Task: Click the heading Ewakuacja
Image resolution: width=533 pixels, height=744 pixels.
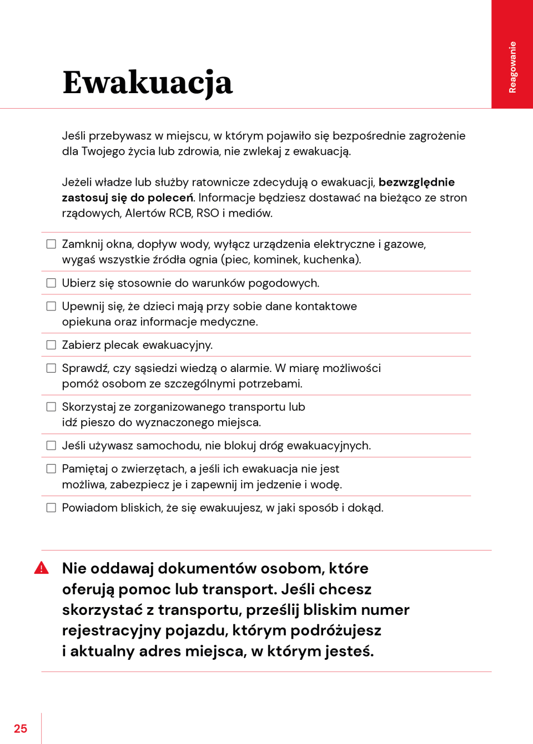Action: (147, 83)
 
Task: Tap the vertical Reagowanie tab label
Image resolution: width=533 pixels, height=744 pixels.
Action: (512, 67)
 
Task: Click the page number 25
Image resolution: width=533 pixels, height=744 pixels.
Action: (21, 728)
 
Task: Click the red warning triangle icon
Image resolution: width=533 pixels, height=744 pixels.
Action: (42, 568)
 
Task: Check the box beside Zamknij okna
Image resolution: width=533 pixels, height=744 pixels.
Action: (51, 244)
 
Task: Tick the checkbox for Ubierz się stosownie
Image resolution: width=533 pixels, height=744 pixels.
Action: (51, 283)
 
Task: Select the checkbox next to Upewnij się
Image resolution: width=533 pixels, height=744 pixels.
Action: (51, 306)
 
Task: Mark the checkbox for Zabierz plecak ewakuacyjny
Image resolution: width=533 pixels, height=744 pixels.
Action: (51, 345)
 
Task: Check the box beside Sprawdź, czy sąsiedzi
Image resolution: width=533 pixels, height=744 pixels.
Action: (51, 368)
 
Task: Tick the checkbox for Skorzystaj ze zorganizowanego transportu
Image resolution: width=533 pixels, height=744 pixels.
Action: (51, 407)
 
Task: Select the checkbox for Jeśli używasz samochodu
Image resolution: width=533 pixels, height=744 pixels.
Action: (51, 446)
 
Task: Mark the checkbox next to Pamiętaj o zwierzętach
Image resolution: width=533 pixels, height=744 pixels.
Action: (51, 469)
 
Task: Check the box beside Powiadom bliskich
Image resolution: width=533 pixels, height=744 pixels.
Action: (51, 508)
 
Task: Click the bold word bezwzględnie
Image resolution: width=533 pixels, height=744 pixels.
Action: (416, 182)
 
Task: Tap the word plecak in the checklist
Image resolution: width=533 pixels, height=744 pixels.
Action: (122, 345)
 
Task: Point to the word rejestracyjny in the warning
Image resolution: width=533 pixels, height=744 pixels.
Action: (112, 630)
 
